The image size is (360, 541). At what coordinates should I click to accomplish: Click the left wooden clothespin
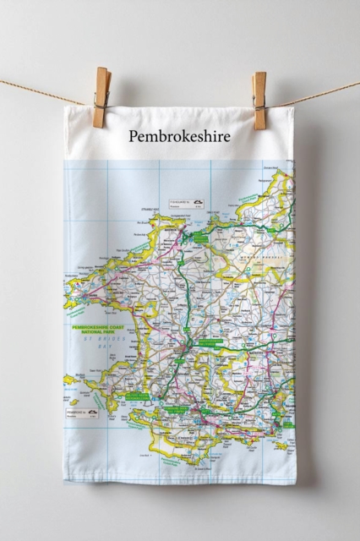[x=102, y=97]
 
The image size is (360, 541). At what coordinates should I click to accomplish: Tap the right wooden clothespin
[x=259, y=100]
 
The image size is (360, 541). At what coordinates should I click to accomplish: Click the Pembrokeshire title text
[x=179, y=135]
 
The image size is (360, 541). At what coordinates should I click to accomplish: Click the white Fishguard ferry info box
[x=187, y=205]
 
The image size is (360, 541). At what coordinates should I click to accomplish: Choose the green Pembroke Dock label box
[x=177, y=409]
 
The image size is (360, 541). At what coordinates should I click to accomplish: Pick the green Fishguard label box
[x=200, y=239]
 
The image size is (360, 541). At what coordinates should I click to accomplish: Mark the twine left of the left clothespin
[x=42, y=90]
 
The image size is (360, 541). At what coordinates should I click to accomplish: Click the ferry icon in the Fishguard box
[x=198, y=202]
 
